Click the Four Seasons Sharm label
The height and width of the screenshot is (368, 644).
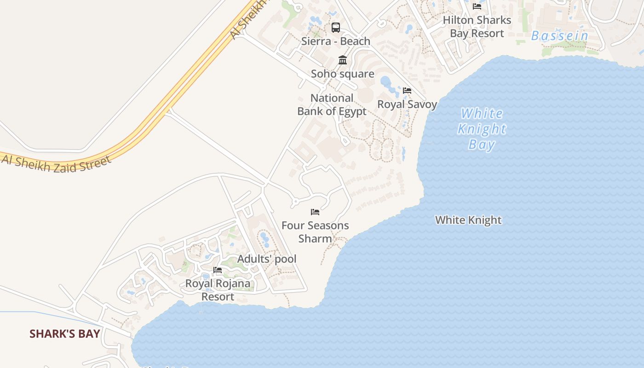[315, 232]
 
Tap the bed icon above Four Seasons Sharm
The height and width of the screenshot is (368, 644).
[315, 212]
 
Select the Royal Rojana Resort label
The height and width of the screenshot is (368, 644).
[218, 290]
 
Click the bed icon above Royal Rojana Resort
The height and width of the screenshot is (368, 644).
[218, 270]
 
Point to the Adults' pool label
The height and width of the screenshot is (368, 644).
[267, 259]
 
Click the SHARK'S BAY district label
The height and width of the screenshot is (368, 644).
[65, 333]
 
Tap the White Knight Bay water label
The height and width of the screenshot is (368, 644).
[482, 129]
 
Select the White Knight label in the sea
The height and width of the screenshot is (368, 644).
[468, 220]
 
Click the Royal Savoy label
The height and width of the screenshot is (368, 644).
[407, 104]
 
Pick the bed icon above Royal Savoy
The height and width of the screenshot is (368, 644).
[407, 91]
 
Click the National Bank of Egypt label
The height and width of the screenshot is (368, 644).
[332, 104]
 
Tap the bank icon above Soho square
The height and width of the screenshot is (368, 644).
[343, 60]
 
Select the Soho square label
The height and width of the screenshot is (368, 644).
[343, 74]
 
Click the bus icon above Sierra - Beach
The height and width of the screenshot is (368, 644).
[336, 28]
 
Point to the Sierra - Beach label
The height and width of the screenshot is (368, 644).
[336, 41]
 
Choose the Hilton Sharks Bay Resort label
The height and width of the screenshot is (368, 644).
[477, 27]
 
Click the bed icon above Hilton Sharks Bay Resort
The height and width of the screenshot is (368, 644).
[477, 6]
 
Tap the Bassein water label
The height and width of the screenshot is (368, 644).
[560, 35]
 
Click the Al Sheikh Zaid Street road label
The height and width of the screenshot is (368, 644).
[56, 164]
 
